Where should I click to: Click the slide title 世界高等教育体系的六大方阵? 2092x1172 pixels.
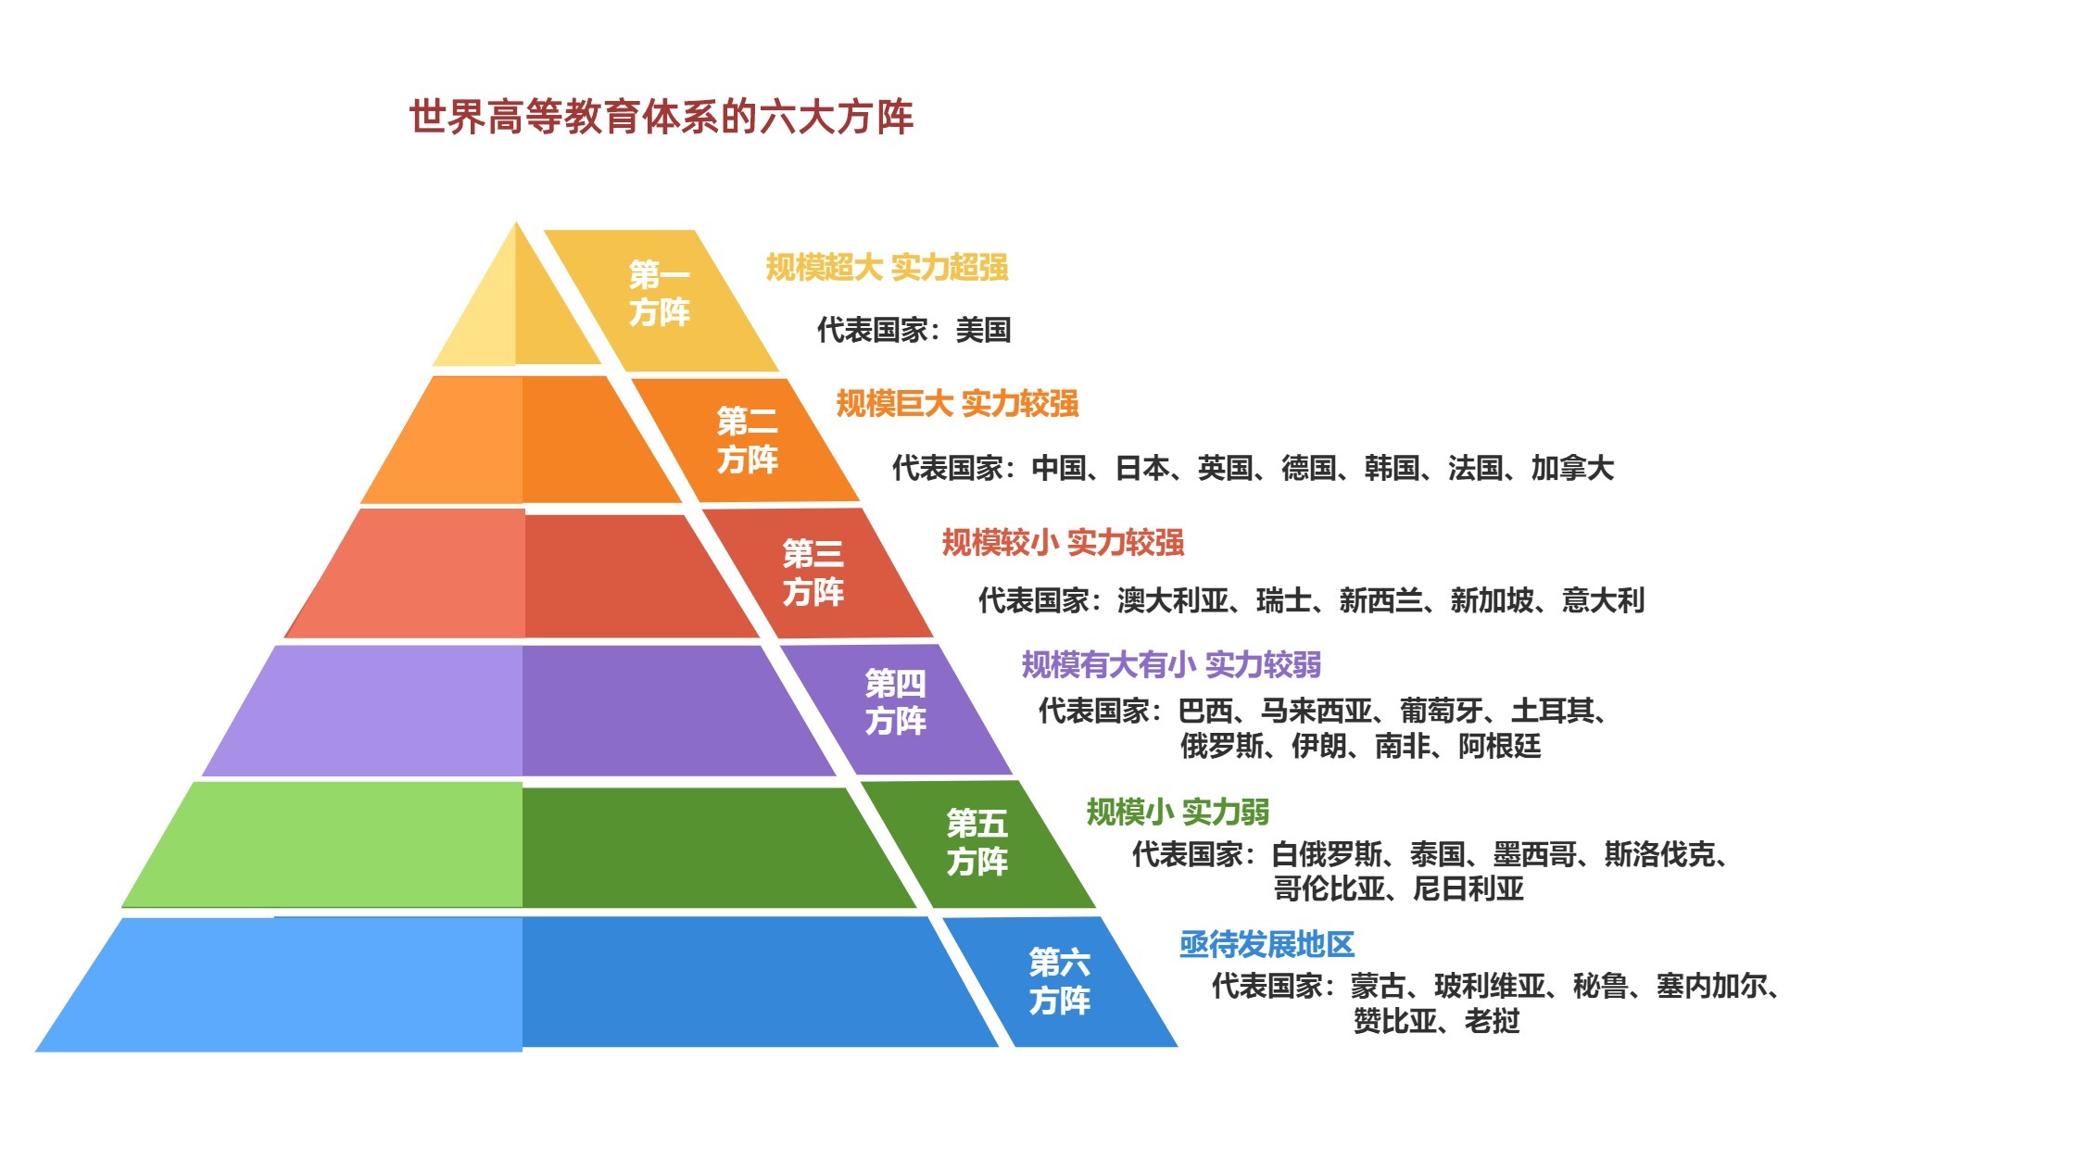coord(662,118)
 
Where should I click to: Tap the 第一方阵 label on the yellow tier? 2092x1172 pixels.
coord(660,293)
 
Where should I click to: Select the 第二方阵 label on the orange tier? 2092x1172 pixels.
coord(748,440)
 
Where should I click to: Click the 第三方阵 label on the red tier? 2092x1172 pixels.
coord(813,573)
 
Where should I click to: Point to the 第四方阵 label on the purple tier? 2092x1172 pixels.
coord(896,702)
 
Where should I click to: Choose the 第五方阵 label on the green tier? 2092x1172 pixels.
coord(977,842)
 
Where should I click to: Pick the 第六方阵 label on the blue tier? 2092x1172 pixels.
coord(1060,981)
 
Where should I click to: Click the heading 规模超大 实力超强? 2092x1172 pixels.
coord(887,267)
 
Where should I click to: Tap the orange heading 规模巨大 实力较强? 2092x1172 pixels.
coord(957,403)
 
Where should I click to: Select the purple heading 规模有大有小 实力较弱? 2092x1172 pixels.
coord(1171,664)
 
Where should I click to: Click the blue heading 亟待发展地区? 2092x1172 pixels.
coord(1267,945)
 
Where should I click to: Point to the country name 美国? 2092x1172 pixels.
coord(983,330)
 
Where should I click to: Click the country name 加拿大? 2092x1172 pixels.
coord(1572,468)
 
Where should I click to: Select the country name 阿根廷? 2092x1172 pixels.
coord(1500,746)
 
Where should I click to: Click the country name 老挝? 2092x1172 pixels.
coord(1493,1021)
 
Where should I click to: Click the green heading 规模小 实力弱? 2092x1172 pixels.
coord(1178,813)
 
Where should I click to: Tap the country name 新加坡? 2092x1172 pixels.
coord(1493,600)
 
